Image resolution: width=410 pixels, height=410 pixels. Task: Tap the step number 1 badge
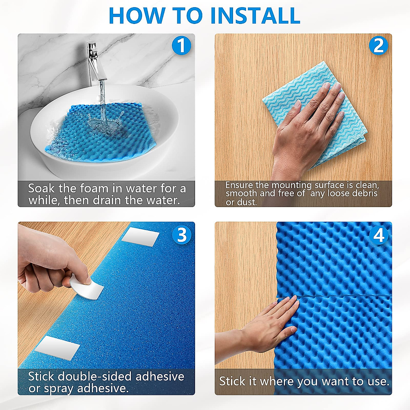click(181, 45)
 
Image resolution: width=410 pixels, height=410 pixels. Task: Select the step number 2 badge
click(378, 45)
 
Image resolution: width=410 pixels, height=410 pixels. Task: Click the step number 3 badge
click(181, 235)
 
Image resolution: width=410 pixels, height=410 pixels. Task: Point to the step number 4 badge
click(379, 235)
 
